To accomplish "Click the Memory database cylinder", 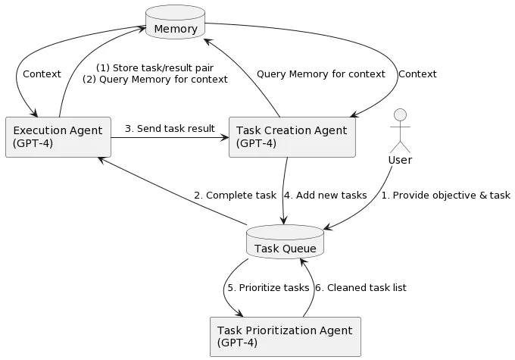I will [x=175, y=23].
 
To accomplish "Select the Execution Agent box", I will [x=58, y=137].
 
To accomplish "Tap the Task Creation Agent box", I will [x=292, y=137].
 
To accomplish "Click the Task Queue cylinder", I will [x=286, y=242].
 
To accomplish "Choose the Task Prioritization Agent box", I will [x=284, y=336].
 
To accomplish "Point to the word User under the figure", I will [x=400, y=160].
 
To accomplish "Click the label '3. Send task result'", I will [x=170, y=128].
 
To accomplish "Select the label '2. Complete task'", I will [x=235, y=196].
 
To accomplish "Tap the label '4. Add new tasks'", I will [x=326, y=196].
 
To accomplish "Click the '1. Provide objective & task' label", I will [x=445, y=196].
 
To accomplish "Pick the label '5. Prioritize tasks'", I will [x=268, y=288].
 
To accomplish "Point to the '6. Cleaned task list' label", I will [x=360, y=288].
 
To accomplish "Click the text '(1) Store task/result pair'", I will [x=154, y=67].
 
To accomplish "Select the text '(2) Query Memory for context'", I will [x=154, y=80].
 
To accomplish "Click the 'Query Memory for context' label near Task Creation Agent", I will [x=320, y=74].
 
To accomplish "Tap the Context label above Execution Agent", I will [x=42, y=74].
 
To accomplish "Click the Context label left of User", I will [x=417, y=74].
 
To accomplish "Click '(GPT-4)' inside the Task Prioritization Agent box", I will [x=237, y=343].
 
